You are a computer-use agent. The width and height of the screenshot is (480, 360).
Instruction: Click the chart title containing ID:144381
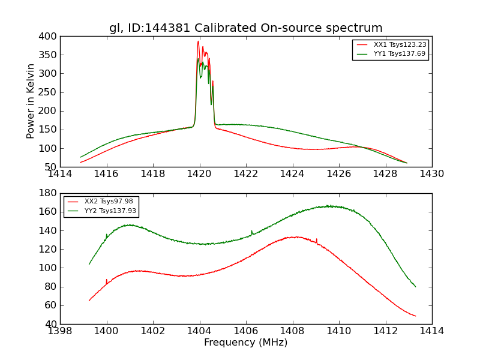245,28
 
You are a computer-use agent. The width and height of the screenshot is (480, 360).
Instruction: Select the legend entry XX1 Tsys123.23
400,44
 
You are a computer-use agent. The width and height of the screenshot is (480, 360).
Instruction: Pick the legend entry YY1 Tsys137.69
400,53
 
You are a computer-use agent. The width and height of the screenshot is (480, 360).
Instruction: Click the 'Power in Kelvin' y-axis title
31,101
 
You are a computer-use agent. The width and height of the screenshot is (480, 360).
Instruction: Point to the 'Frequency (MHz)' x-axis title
245,343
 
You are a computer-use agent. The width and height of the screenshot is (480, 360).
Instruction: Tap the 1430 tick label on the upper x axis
431,174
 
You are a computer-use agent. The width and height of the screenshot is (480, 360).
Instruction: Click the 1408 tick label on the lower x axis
292,331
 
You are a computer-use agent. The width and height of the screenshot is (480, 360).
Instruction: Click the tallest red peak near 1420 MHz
198,41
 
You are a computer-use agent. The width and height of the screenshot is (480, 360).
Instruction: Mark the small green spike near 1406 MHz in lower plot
251,231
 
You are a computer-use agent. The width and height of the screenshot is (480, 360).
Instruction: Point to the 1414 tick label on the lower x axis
431,331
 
